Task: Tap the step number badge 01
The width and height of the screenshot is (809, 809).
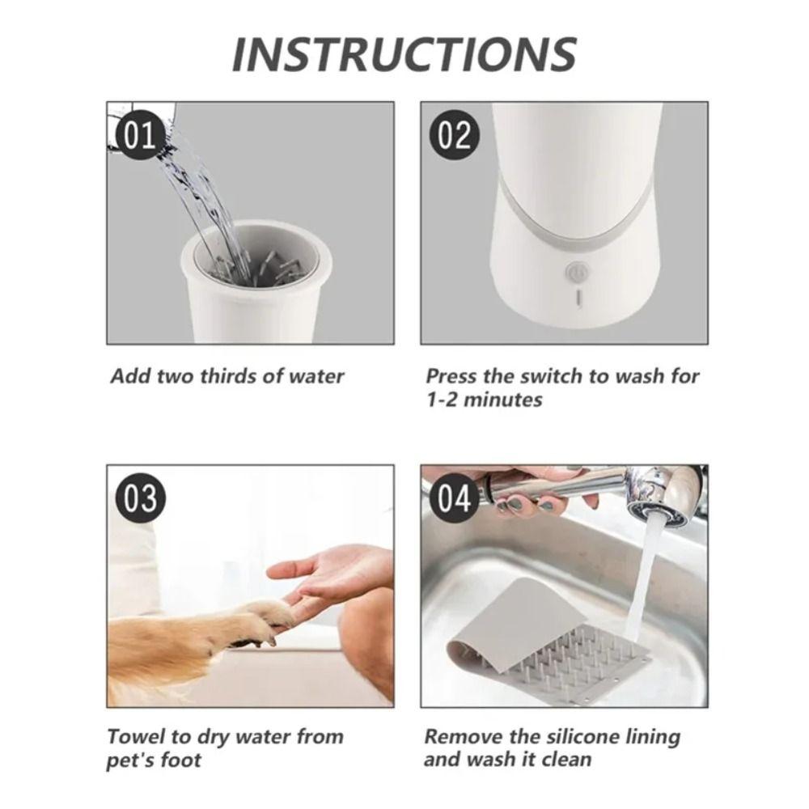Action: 140,135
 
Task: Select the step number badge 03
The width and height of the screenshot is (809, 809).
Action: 140,498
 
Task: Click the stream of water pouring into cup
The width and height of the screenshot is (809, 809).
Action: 198,194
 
